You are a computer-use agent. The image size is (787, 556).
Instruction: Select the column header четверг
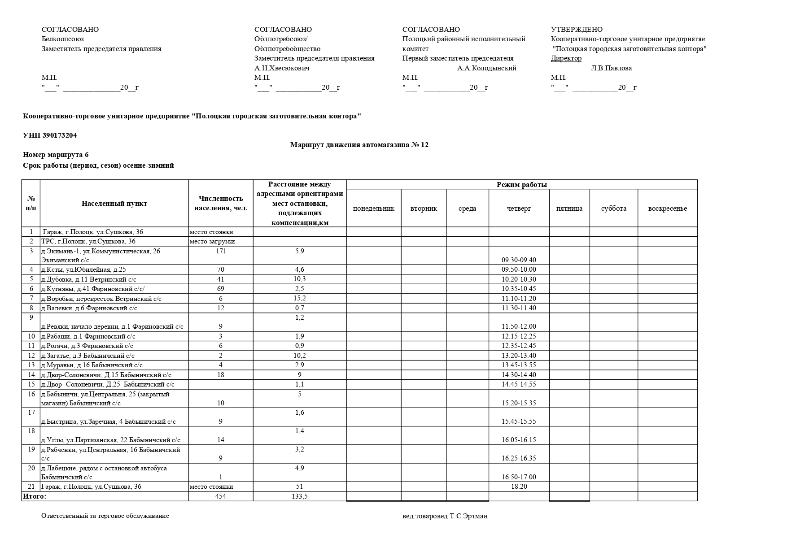[519, 208]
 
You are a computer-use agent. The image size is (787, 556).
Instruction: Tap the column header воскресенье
[667, 208]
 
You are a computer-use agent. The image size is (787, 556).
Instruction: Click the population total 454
[220, 496]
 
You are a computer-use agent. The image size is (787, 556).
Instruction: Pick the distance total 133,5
[299, 496]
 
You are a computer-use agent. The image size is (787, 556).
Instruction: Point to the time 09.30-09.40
[519, 260]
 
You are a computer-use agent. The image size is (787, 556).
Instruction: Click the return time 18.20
[519, 486]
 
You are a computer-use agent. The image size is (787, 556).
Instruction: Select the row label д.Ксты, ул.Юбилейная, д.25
[83, 269]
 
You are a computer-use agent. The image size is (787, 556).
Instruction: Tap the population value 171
[221, 251]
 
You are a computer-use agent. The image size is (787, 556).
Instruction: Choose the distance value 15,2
[299, 298]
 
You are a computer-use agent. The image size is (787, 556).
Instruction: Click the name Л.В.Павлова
[611, 68]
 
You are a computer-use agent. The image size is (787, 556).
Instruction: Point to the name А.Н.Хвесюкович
[282, 68]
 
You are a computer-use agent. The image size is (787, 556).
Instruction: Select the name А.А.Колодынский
[486, 68]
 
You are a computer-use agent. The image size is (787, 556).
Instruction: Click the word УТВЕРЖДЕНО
[577, 30]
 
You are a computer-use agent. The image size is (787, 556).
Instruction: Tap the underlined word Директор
[566, 58]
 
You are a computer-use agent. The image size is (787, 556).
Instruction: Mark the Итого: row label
[35, 496]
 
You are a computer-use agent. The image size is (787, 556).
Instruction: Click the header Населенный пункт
[114, 204]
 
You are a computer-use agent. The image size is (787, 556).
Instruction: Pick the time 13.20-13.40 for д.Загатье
[519, 356]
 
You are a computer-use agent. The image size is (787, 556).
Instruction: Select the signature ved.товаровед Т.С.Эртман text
[445, 516]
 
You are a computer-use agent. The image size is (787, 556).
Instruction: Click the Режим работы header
[521, 185]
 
